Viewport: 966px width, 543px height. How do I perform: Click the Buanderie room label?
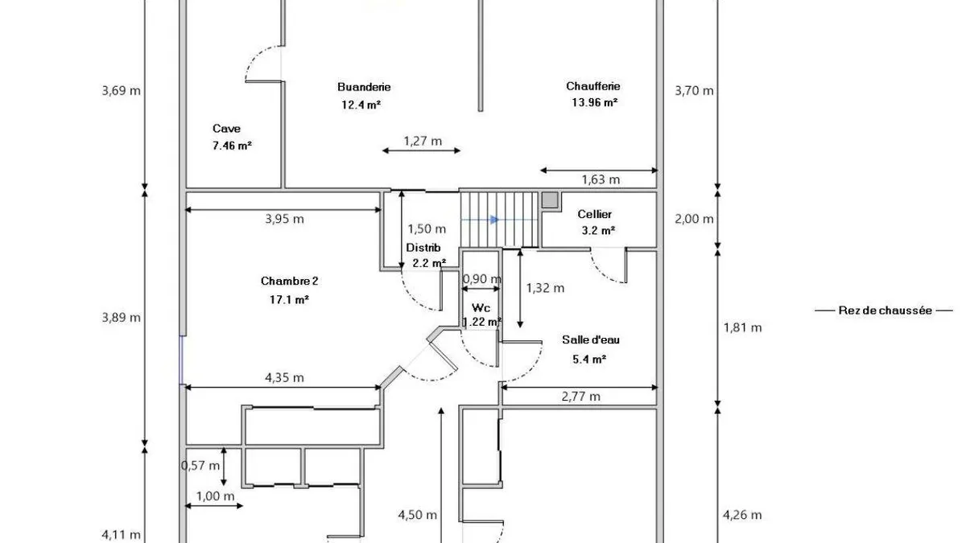click(x=364, y=87)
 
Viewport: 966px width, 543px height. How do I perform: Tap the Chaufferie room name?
click(x=593, y=86)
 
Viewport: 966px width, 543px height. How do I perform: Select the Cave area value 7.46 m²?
click(x=232, y=146)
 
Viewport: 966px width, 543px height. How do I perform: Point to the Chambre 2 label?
click(x=289, y=281)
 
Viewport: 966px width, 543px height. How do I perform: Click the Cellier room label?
click(x=595, y=214)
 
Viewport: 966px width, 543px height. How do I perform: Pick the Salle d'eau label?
click(x=591, y=339)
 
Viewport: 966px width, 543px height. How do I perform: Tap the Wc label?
click(x=481, y=307)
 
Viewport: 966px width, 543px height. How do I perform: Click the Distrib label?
click(x=423, y=248)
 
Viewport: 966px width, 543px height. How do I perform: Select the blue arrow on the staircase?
click(x=494, y=220)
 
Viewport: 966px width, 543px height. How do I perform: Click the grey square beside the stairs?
click(x=549, y=200)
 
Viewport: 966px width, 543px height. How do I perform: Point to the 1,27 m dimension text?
click(x=423, y=141)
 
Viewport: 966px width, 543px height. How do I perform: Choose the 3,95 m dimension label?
click(x=285, y=219)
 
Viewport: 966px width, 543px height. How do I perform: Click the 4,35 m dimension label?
click(x=285, y=377)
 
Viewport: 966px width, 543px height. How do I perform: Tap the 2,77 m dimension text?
click(x=581, y=396)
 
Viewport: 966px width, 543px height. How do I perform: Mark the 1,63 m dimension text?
click(x=601, y=179)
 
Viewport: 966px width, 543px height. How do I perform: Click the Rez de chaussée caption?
click(x=885, y=311)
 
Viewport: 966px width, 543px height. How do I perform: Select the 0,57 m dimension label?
click(x=200, y=466)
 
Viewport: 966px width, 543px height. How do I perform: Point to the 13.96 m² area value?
click(x=595, y=103)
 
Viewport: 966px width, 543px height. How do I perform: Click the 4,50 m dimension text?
click(x=418, y=515)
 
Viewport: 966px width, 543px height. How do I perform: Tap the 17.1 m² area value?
click(x=289, y=299)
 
